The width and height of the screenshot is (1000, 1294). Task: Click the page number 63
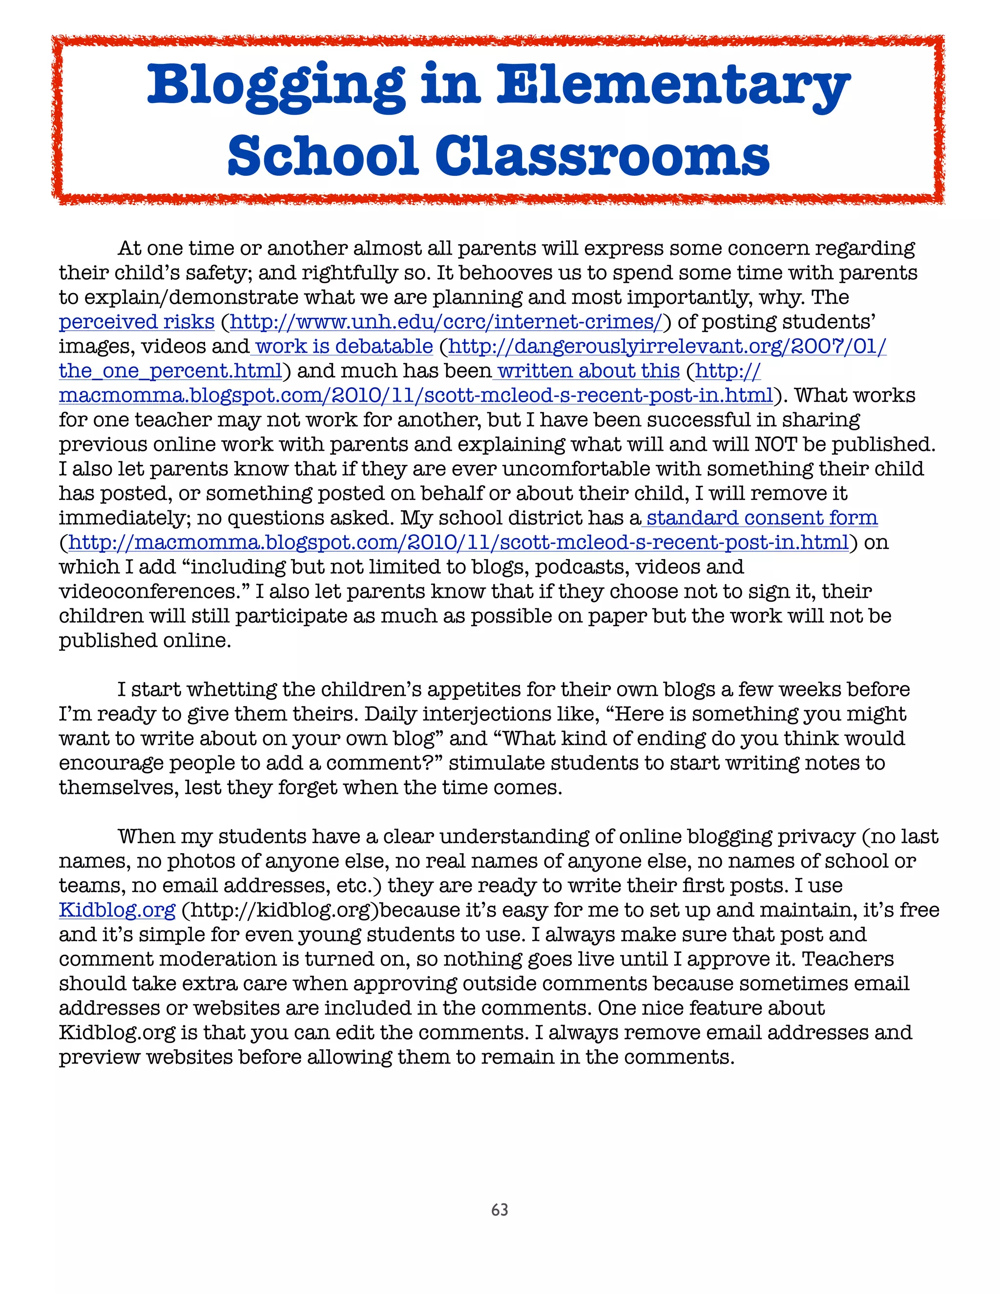[500, 1210]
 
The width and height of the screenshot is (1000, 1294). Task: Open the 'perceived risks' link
[136, 322]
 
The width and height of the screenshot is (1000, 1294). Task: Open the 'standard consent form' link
[761, 518]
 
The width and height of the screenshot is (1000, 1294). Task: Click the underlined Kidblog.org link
[117, 910]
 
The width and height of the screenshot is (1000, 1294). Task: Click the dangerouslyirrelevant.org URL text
[667, 346]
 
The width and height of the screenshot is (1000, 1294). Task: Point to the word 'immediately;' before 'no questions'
[123, 518]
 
